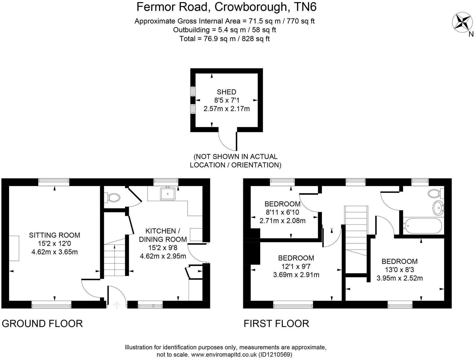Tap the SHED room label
pyautogui.click(x=226, y=92)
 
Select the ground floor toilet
pyautogui.click(x=113, y=197)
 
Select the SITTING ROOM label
pyautogui.click(x=54, y=235)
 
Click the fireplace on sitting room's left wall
pyautogui.click(x=14, y=248)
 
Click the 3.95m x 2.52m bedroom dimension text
pyautogui.click(x=399, y=278)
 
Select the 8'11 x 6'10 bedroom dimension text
pyautogui.click(x=282, y=212)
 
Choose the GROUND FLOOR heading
pyautogui.click(x=42, y=323)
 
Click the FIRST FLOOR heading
pyautogui.click(x=276, y=323)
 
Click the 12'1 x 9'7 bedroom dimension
pyautogui.click(x=296, y=266)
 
